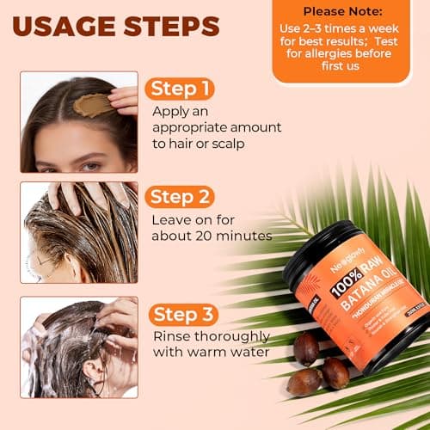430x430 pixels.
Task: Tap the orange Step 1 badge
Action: coord(180,89)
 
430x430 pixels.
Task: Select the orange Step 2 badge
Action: coord(181,197)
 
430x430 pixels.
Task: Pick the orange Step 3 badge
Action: coord(181,313)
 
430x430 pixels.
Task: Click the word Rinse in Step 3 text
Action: coord(171,335)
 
